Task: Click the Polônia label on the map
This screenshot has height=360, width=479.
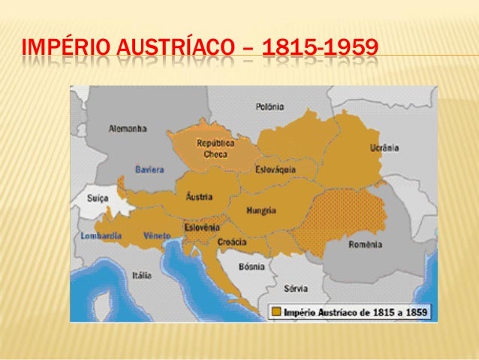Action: point(270,107)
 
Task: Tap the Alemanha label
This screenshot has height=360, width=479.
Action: point(127,129)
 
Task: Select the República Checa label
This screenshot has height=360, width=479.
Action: point(215,147)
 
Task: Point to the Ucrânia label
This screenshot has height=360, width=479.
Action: point(384,148)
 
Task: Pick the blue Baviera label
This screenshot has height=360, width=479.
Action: point(149,169)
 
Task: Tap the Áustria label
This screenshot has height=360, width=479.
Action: point(199,197)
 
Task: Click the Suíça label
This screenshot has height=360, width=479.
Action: point(98,200)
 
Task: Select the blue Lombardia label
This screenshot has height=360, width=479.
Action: point(101,236)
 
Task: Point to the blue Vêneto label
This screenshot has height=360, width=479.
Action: point(158,236)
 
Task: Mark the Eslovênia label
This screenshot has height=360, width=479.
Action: point(201,227)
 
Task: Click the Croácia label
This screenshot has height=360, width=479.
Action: point(232,243)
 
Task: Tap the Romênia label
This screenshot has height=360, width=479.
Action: point(366,245)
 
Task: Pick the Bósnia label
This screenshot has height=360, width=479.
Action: point(252,266)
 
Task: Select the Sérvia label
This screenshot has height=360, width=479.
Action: point(295,288)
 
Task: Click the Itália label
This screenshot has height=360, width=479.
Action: point(141,275)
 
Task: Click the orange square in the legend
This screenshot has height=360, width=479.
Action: point(276,310)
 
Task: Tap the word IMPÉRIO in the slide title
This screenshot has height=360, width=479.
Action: point(58,52)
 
